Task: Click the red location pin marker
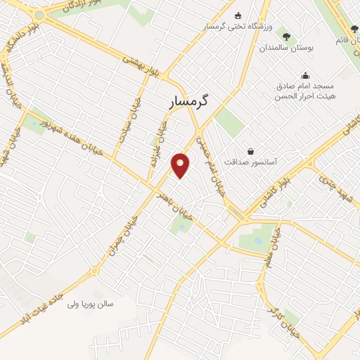[x=181, y=165]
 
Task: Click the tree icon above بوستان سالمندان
[x=285, y=36]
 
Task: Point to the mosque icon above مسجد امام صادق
[x=304, y=75]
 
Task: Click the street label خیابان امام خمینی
[x=214, y=166]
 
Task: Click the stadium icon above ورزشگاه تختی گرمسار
[x=237, y=15]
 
